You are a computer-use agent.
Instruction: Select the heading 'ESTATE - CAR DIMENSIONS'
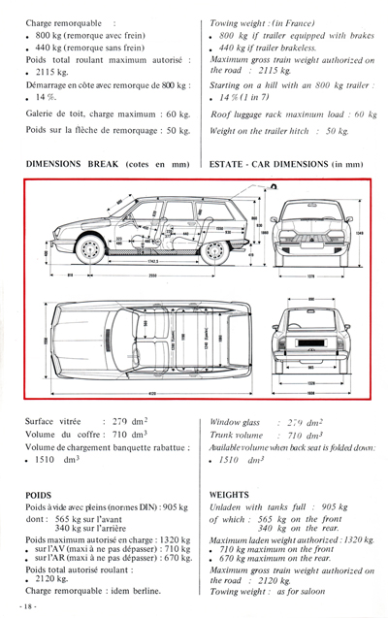(273, 164)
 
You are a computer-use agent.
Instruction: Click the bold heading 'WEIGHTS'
(234, 494)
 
